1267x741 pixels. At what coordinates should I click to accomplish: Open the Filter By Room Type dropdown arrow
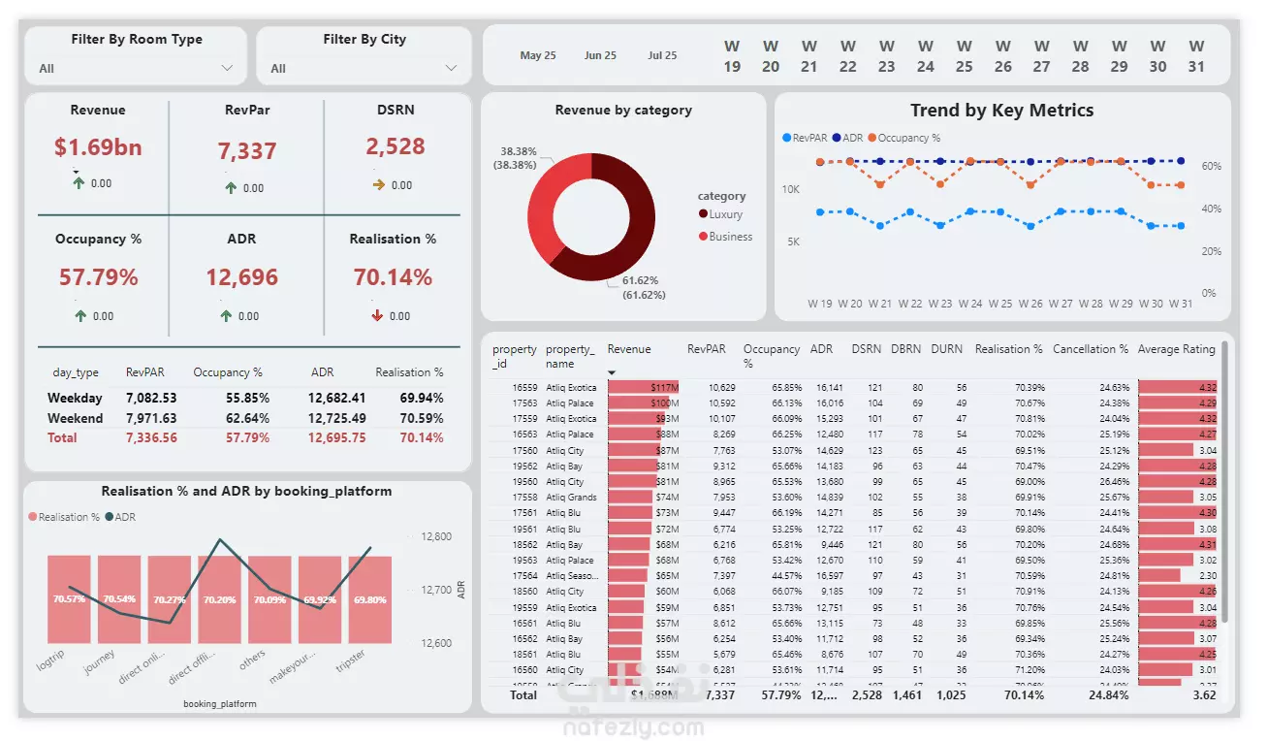tap(227, 68)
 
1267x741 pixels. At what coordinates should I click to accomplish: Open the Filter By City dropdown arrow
tap(451, 68)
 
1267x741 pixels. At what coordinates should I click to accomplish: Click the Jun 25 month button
tap(600, 55)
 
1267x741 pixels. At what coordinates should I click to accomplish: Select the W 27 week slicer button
tap(1041, 56)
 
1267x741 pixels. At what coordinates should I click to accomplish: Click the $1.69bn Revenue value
tap(98, 147)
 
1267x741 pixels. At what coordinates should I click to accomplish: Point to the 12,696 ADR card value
tap(241, 277)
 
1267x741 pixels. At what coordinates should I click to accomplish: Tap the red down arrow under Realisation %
tap(377, 315)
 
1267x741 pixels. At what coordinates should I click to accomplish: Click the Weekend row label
tap(75, 418)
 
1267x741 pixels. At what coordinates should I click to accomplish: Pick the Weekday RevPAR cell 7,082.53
tap(151, 398)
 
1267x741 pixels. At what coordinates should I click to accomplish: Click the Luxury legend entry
tap(724, 214)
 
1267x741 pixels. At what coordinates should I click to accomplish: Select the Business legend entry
tap(729, 237)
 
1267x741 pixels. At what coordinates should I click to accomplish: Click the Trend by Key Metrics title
tap(1001, 111)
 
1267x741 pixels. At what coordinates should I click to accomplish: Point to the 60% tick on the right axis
tap(1211, 167)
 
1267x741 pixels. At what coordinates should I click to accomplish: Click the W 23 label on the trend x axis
tap(940, 304)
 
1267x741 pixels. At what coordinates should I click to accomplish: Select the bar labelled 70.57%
tap(69, 599)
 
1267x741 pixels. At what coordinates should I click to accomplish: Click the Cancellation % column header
tap(1091, 349)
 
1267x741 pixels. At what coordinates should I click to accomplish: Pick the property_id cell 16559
tap(524, 387)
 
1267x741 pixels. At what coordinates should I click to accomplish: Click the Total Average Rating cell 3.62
tap(1203, 695)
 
